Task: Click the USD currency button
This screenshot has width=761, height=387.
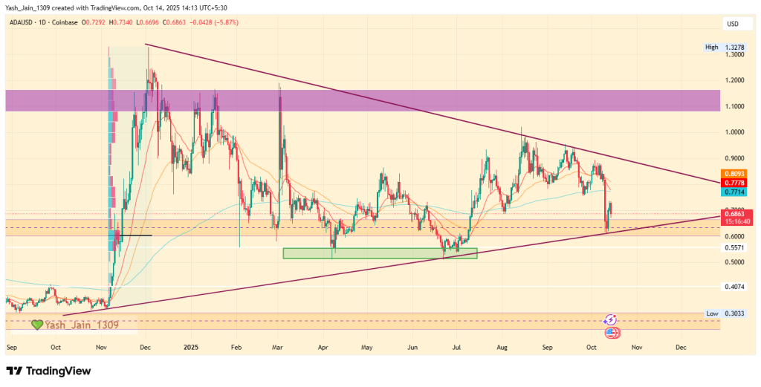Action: [x=732, y=25]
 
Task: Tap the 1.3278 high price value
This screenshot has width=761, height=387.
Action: [x=736, y=47]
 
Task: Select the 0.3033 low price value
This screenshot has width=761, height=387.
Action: [x=736, y=313]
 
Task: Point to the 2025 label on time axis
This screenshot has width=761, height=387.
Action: [x=191, y=347]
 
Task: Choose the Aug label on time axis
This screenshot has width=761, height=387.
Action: [x=502, y=347]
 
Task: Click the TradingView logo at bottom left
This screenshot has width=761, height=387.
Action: [x=48, y=371]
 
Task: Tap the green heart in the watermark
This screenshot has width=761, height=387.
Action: [x=36, y=325]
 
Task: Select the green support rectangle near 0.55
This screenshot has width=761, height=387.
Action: [x=380, y=253]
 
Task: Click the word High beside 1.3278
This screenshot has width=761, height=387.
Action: [x=711, y=47]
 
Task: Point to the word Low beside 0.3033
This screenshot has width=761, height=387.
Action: [x=712, y=313]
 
